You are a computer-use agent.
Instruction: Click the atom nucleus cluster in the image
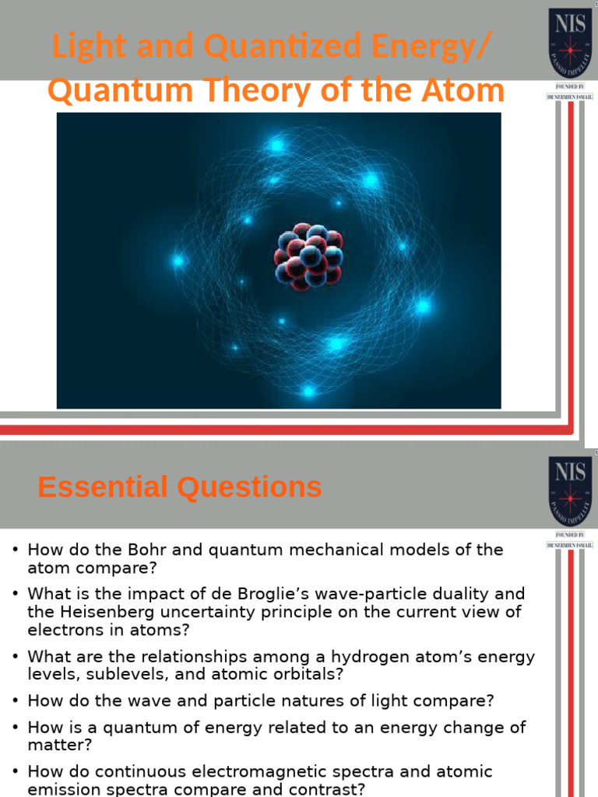point(308,256)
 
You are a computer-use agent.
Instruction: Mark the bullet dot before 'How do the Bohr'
point(14,551)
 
